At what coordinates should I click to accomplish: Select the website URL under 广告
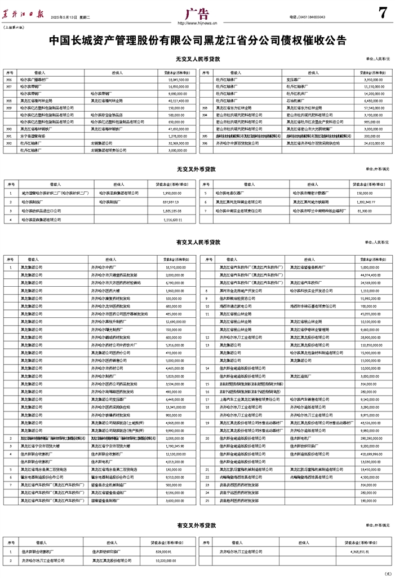pos(197,23)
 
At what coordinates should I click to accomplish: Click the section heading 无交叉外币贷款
pos(197,168)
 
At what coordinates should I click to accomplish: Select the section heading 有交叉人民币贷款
pos(197,242)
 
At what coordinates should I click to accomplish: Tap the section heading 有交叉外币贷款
pos(197,525)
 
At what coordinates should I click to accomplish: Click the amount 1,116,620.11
pos(170,219)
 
